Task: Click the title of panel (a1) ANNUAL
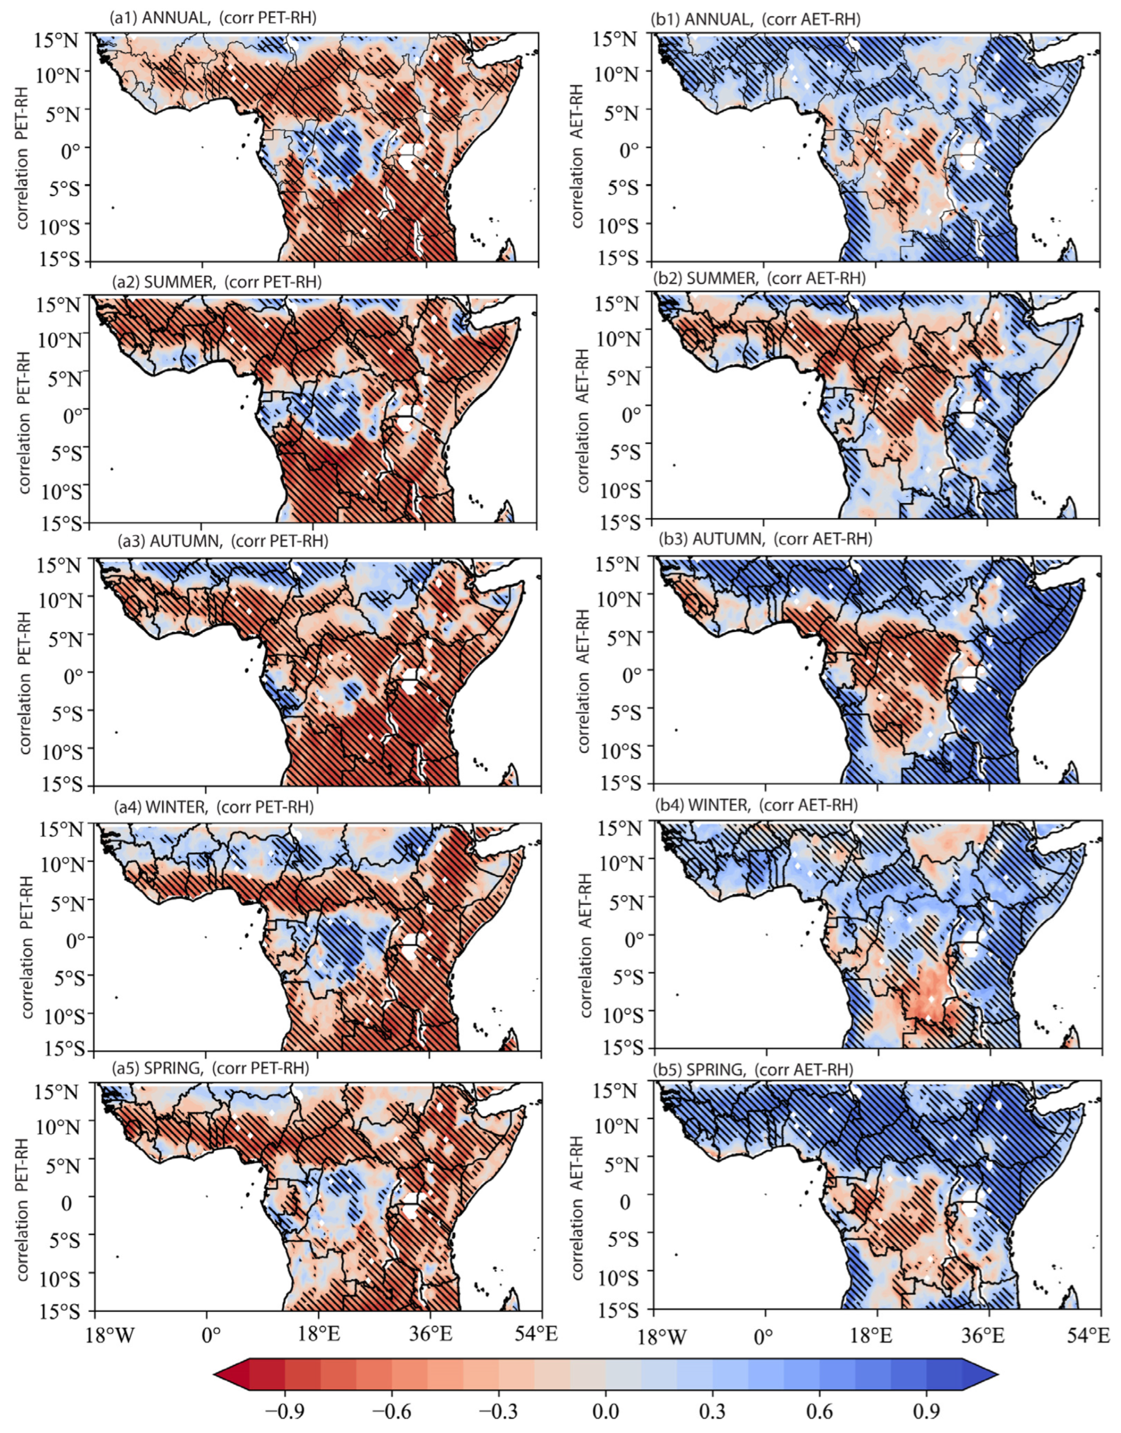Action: (x=213, y=19)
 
